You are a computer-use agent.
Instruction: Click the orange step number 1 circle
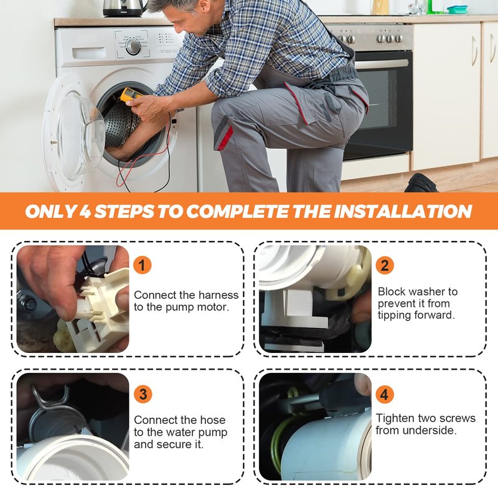coord(142,265)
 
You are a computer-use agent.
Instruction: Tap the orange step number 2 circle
coord(385,265)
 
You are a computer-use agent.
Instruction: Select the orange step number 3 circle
coord(143,394)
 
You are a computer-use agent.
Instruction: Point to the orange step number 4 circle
coord(385,394)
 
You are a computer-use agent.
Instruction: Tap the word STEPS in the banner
coord(124,211)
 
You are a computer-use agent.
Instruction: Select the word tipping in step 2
coord(395,316)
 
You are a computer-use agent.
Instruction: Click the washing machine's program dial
coord(133,46)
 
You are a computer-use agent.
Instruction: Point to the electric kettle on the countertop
coord(124,8)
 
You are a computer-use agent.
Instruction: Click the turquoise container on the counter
coord(457,9)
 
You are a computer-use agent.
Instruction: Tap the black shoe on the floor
coord(421,183)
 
